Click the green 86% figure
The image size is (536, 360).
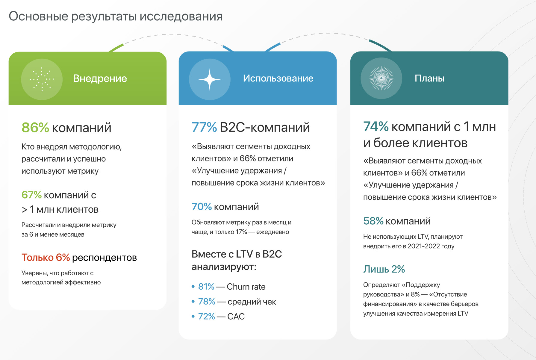(x=35, y=128)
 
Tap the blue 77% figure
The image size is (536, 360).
(x=204, y=127)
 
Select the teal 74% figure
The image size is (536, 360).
(x=376, y=127)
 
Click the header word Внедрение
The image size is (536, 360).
(x=100, y=78)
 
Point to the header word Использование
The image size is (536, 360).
(x=278, y=78)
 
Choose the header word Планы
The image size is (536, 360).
(x=429, y=78)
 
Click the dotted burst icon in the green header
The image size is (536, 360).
(x=42, y=79)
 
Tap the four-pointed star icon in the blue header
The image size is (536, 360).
(x=210, y=79)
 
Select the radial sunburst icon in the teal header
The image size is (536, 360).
(x=381, y=78)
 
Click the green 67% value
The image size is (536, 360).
(x=31, y=195)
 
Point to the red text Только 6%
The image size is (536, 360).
(x=46, y=257)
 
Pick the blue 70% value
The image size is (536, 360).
(x=202, y=207)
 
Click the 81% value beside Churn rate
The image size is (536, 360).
(x=206, y=287)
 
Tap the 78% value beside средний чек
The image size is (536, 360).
(x=207, y=302)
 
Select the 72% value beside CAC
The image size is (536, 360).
(x=207, y=316)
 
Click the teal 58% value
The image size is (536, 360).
(x=373, y=221)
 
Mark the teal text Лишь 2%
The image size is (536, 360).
(x=384, y=269)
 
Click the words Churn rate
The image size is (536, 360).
(x=246, y=287)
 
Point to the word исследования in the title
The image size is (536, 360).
(x=181, y=16)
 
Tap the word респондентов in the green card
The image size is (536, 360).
(x=105, y=258)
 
